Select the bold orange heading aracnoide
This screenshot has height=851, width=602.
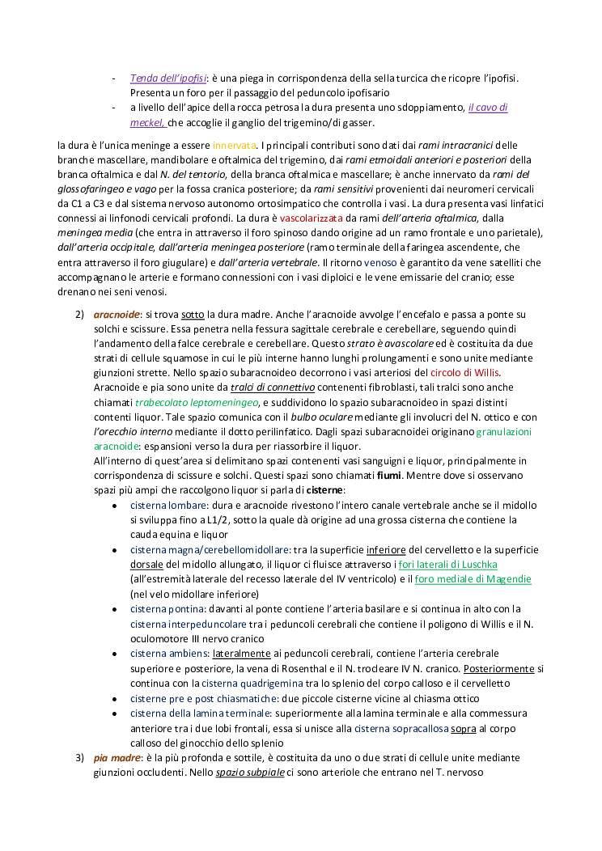click(x=117, y=314)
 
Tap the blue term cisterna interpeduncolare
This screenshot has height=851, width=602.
click(x=172, y=623)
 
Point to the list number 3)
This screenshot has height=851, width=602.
click(x=79, y=757)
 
